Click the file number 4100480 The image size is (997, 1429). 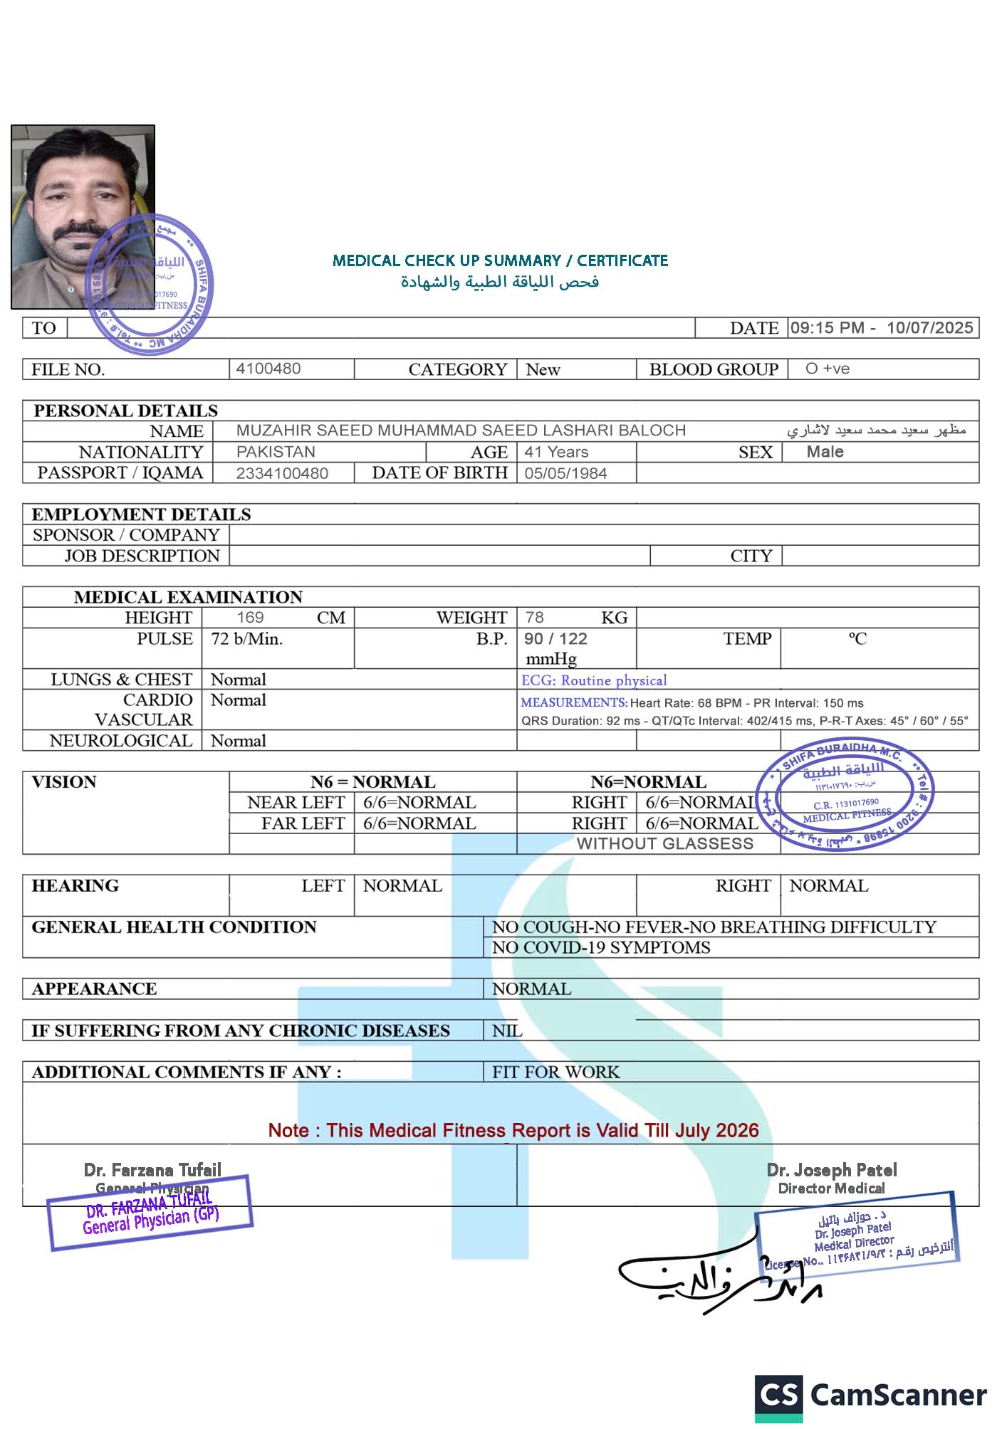click(x=268, y=369)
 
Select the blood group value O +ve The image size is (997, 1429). click(x=828, y=369)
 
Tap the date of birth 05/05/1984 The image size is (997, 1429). click(x=565, y=473)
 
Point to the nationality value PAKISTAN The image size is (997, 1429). click(x=276, y=452)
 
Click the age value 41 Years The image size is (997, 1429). click(x=556, y=452)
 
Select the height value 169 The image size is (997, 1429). click(x=250, y=617)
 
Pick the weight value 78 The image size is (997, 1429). click(x=535, y=617)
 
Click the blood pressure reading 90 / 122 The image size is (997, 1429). click(x=555, y=638)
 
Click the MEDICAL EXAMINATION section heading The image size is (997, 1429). click(x=188, y=597)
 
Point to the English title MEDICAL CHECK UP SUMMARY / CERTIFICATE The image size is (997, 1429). click(x=500, y=260)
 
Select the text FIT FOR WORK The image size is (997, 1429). click(x=555, y=1072)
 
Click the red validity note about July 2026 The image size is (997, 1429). click(x=513, y=1130)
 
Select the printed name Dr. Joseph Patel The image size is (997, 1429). click(x=831, y=1170)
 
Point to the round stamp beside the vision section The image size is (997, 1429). click(x=845, y=793)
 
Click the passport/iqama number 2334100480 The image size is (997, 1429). click(x=282, y=473)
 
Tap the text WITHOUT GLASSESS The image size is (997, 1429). click(x=664, y=843)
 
